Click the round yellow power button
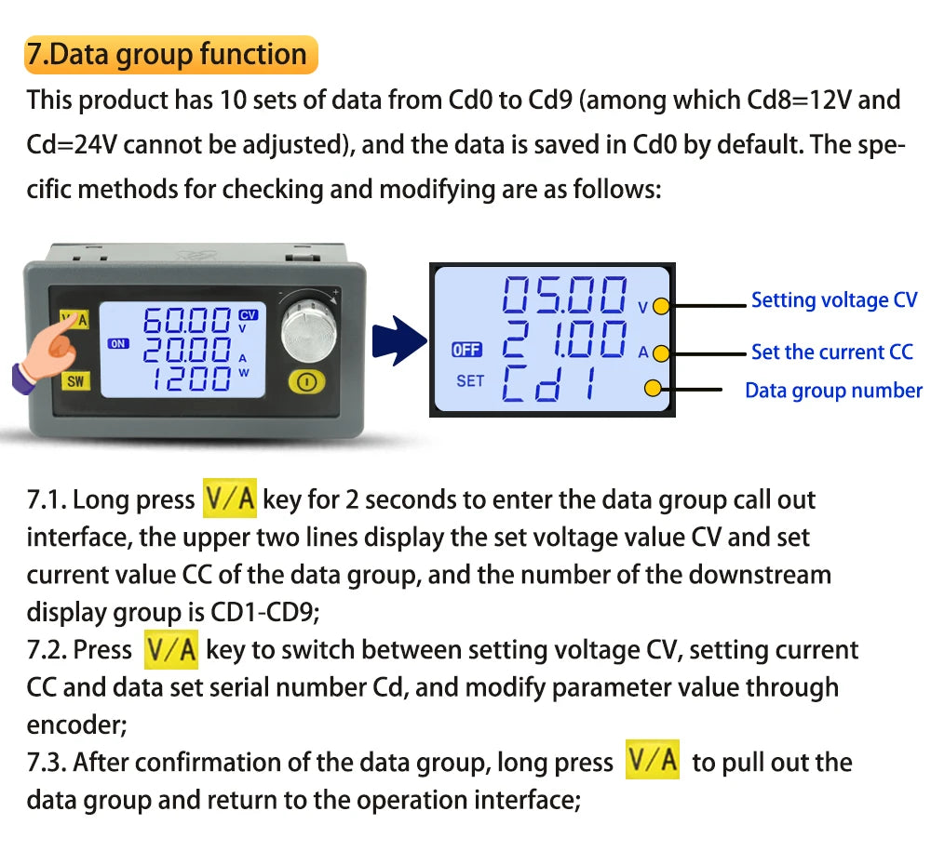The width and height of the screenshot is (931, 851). coord(306,382)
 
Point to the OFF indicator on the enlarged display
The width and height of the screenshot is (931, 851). coord(466,350)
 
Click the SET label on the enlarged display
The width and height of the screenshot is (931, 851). coord(470,380)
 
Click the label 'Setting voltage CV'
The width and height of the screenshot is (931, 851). coord(834,300)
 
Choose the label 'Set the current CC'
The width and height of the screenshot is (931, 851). coord(831,352)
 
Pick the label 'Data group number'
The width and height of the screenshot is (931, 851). coord(833,391)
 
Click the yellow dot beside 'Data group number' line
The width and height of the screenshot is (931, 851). coord(653,389)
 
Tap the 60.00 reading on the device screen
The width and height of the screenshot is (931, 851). coord(186,321)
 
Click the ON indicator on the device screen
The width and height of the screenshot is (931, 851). coord(118,343)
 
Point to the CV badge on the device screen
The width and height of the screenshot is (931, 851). coord(249,315)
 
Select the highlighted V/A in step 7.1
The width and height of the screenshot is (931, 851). coord(230,499)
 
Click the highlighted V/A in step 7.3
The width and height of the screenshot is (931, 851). coord(653,760)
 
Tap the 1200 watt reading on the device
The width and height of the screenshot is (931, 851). coord(191,379)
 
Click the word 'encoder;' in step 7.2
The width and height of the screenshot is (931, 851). coord(76,725)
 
